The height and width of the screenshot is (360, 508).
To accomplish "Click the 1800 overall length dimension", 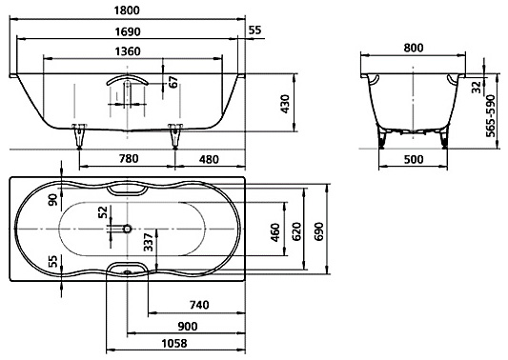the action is pos(127,10).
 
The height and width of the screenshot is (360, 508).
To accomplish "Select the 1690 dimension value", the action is pos(128,31).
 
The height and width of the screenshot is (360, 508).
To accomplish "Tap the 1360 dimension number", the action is pos(128,51).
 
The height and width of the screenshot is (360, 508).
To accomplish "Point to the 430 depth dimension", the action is pos(285,104).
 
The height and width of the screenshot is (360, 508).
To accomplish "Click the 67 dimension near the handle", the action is pos(173,82).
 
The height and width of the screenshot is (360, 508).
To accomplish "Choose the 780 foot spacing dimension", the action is pos(129,159).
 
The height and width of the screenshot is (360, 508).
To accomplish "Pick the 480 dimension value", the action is pos(209,159).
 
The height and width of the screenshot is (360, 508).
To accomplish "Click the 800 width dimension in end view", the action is pos(414,48).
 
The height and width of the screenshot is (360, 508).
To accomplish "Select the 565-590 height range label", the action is pos(491,115).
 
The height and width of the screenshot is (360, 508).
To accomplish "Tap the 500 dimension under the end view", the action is pos(414,159).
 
